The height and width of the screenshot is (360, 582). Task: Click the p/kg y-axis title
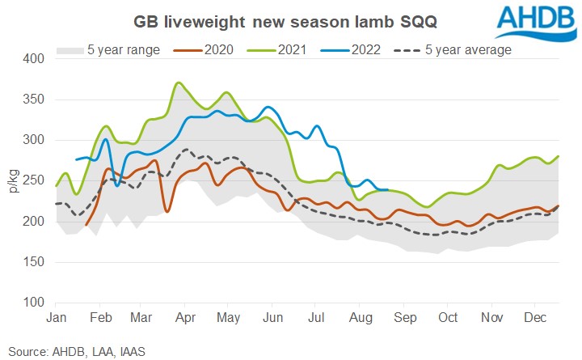pos(12,181)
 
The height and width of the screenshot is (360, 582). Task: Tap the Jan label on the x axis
pos(56,318)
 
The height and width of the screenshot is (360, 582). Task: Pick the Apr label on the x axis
pos(185,318)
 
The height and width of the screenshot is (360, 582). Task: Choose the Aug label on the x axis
pos(357,318)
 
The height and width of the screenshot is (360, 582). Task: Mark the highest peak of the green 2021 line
pos(178,83)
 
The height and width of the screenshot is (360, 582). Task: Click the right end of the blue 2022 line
pos(389,190)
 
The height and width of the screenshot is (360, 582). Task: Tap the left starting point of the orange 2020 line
pos(86,225)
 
